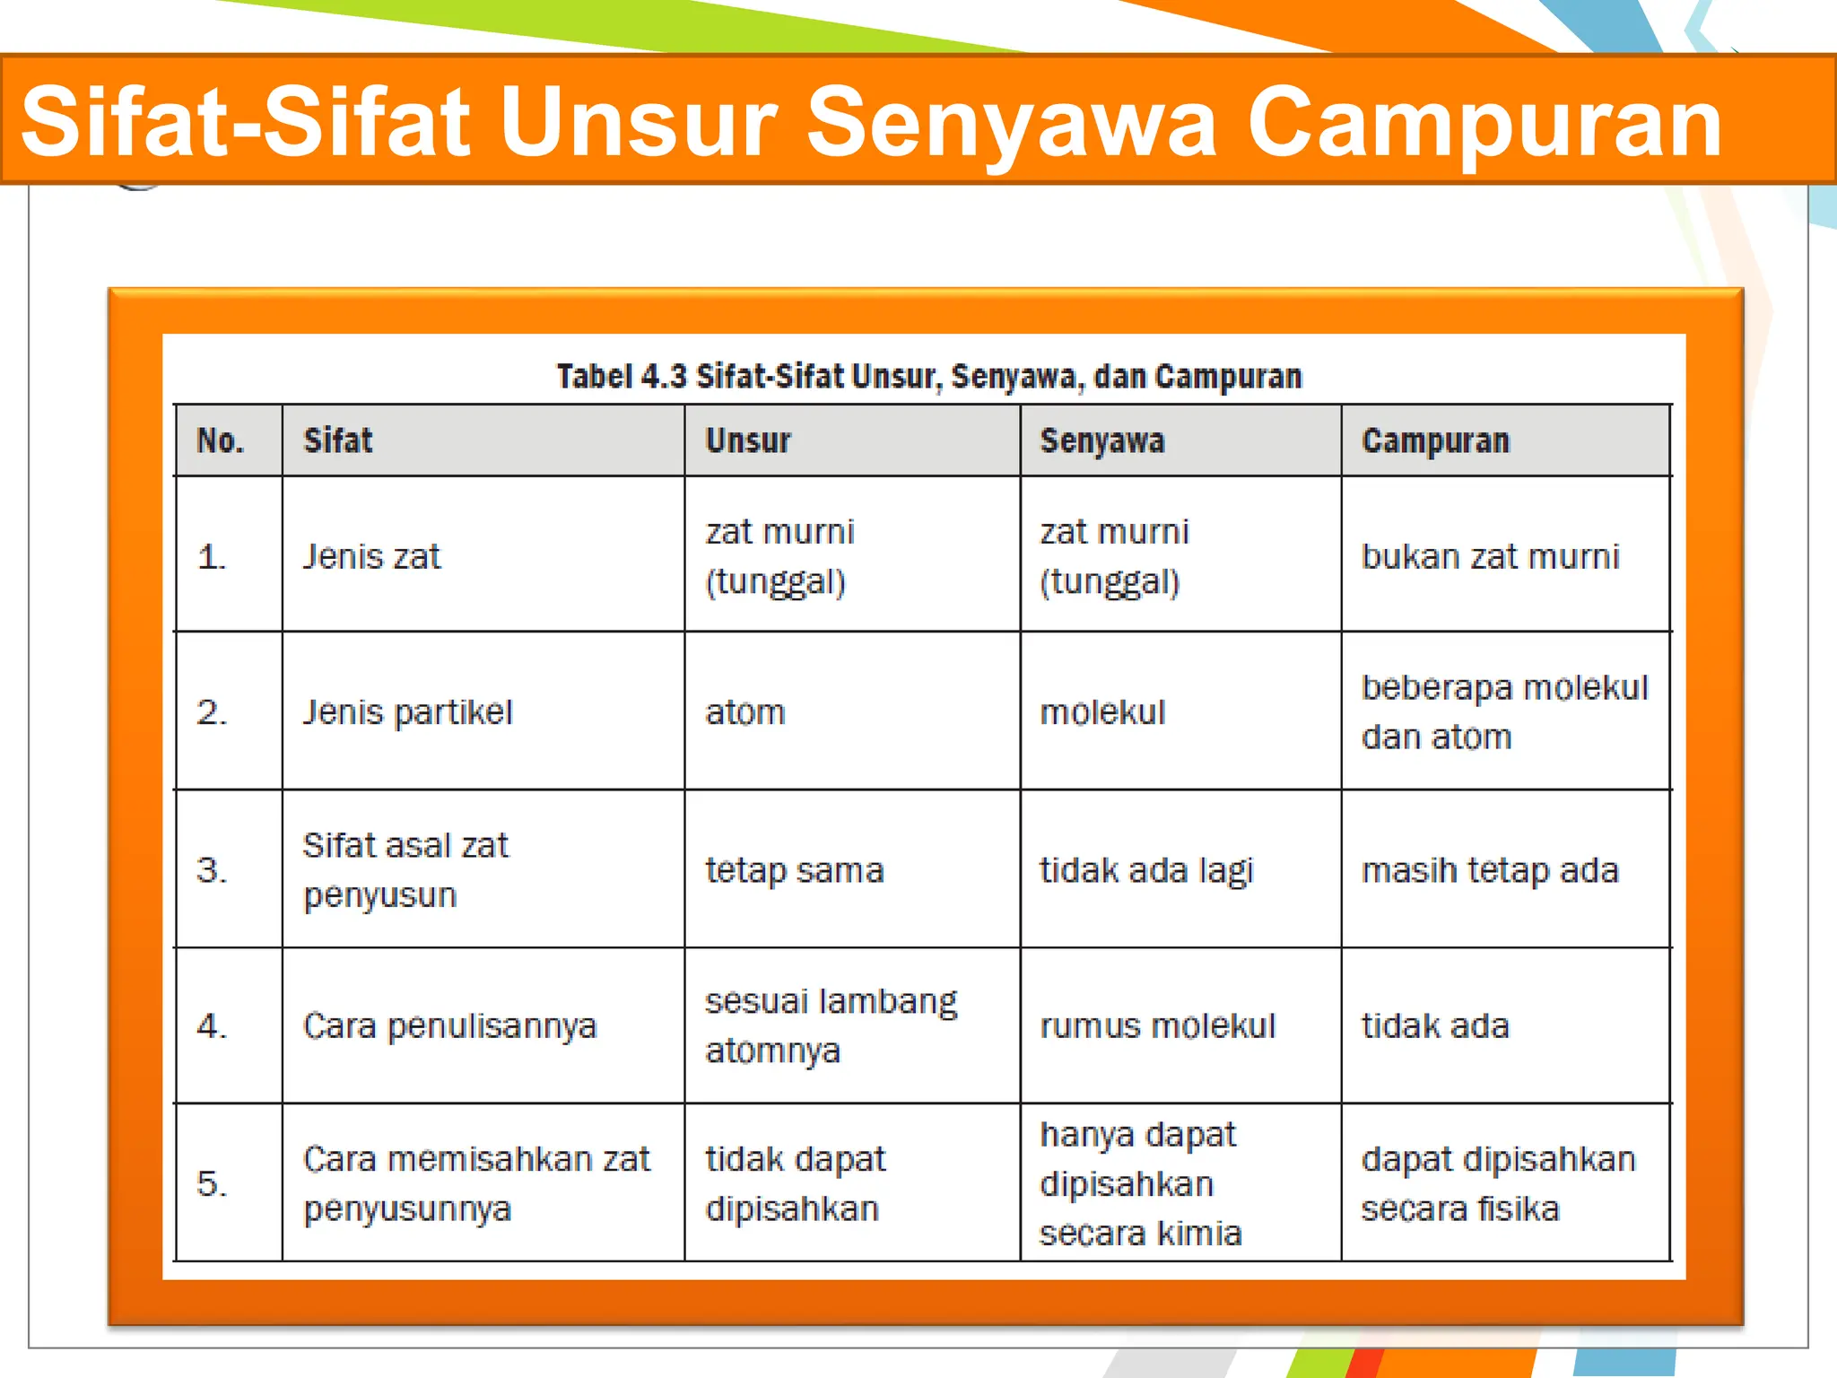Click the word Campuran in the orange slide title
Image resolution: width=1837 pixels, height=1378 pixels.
pyautogui.click(x=1484, y=123)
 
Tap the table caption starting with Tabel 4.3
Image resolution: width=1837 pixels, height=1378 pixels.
pyautogui.click(x=928, y=377)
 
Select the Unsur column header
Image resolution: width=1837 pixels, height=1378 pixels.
pyautogui.click(x=748, y=440)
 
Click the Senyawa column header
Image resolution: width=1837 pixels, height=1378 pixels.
pyautogui.click(x=1101, y=440)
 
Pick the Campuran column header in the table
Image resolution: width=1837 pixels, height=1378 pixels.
pyautogui.click(x=1435, y=440)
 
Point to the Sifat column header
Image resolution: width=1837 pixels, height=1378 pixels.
pyautogui.click(x=337, y=440)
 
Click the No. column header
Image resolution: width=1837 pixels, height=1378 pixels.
pyautogui.click(x=220, y=440)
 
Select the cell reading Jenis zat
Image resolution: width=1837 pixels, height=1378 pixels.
pyautogui.click(x=371, y=557)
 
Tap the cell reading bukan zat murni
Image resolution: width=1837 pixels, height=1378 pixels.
pyautogui.click(x=1490, y=557)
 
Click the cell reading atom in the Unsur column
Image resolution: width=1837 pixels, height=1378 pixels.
pyautogui.click(x=744, y=713)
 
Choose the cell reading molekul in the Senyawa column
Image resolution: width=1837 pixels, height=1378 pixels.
pyautogui.click(x=1101, y=713)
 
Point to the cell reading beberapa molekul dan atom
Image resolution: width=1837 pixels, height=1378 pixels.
pyautogui.click(x=1504, y=712)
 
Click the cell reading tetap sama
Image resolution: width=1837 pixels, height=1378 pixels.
pyautogui.click(x=794, y=870)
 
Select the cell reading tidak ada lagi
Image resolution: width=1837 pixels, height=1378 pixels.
pyautogui.click(x=1145, y=870)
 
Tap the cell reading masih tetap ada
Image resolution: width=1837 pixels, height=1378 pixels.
pyautogui.click(x=1489, y=870)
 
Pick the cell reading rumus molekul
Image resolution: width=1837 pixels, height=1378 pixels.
pyautogui.click(x=1157, y=1026)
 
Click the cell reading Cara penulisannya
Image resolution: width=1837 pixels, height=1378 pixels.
pyautogui.click(x=449, y=1026)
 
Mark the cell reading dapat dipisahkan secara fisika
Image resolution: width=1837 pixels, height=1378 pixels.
pyautogui.click(x=1498, y=1183)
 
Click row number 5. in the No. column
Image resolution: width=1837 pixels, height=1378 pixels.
pyautogui.click(x=212, y=1183)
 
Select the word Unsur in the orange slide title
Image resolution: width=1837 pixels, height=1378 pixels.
pyautogui.click(x=638, y=123)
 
